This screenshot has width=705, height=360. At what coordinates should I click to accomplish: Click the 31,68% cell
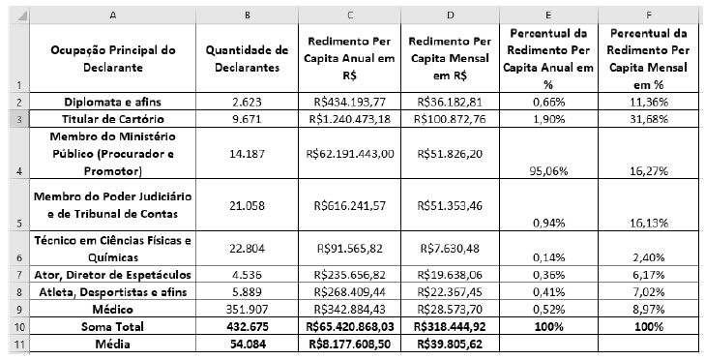[650, 117]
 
